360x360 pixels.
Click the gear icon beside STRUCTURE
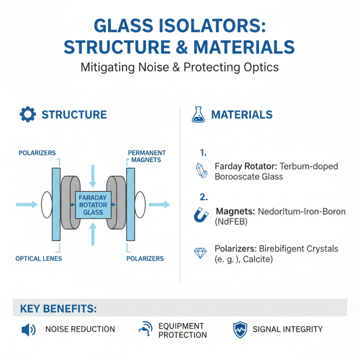point(28,114)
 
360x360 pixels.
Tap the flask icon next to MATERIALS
point(198,115)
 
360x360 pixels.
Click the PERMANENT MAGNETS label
point(147,156)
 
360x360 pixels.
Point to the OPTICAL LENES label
point(39,259)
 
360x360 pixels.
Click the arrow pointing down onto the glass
point(93,175)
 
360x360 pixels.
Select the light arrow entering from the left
point(27,205)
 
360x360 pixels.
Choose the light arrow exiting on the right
point(159,205)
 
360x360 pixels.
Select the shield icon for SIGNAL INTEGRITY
point(240,329)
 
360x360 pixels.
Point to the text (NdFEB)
point(232,222)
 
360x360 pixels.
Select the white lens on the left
point(46,205)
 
